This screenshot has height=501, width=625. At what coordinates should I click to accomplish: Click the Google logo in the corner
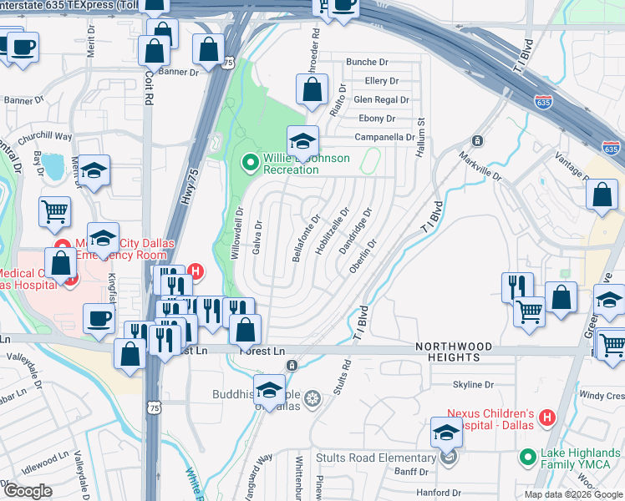point(28,491)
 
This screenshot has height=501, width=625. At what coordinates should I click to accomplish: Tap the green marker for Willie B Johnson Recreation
point(248,162)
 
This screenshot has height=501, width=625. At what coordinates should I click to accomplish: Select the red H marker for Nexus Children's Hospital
point(547,417)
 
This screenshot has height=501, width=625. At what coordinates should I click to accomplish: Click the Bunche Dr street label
point(368,63)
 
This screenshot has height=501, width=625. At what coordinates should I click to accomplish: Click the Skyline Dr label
point(473,385)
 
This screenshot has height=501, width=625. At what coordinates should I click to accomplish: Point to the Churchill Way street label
point(41,137)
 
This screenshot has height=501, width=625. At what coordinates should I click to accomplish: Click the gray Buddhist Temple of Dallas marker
point(312,400)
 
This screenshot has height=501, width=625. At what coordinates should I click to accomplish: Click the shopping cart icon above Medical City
point(55,211)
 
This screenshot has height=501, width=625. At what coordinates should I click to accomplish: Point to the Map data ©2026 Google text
point(573,493)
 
